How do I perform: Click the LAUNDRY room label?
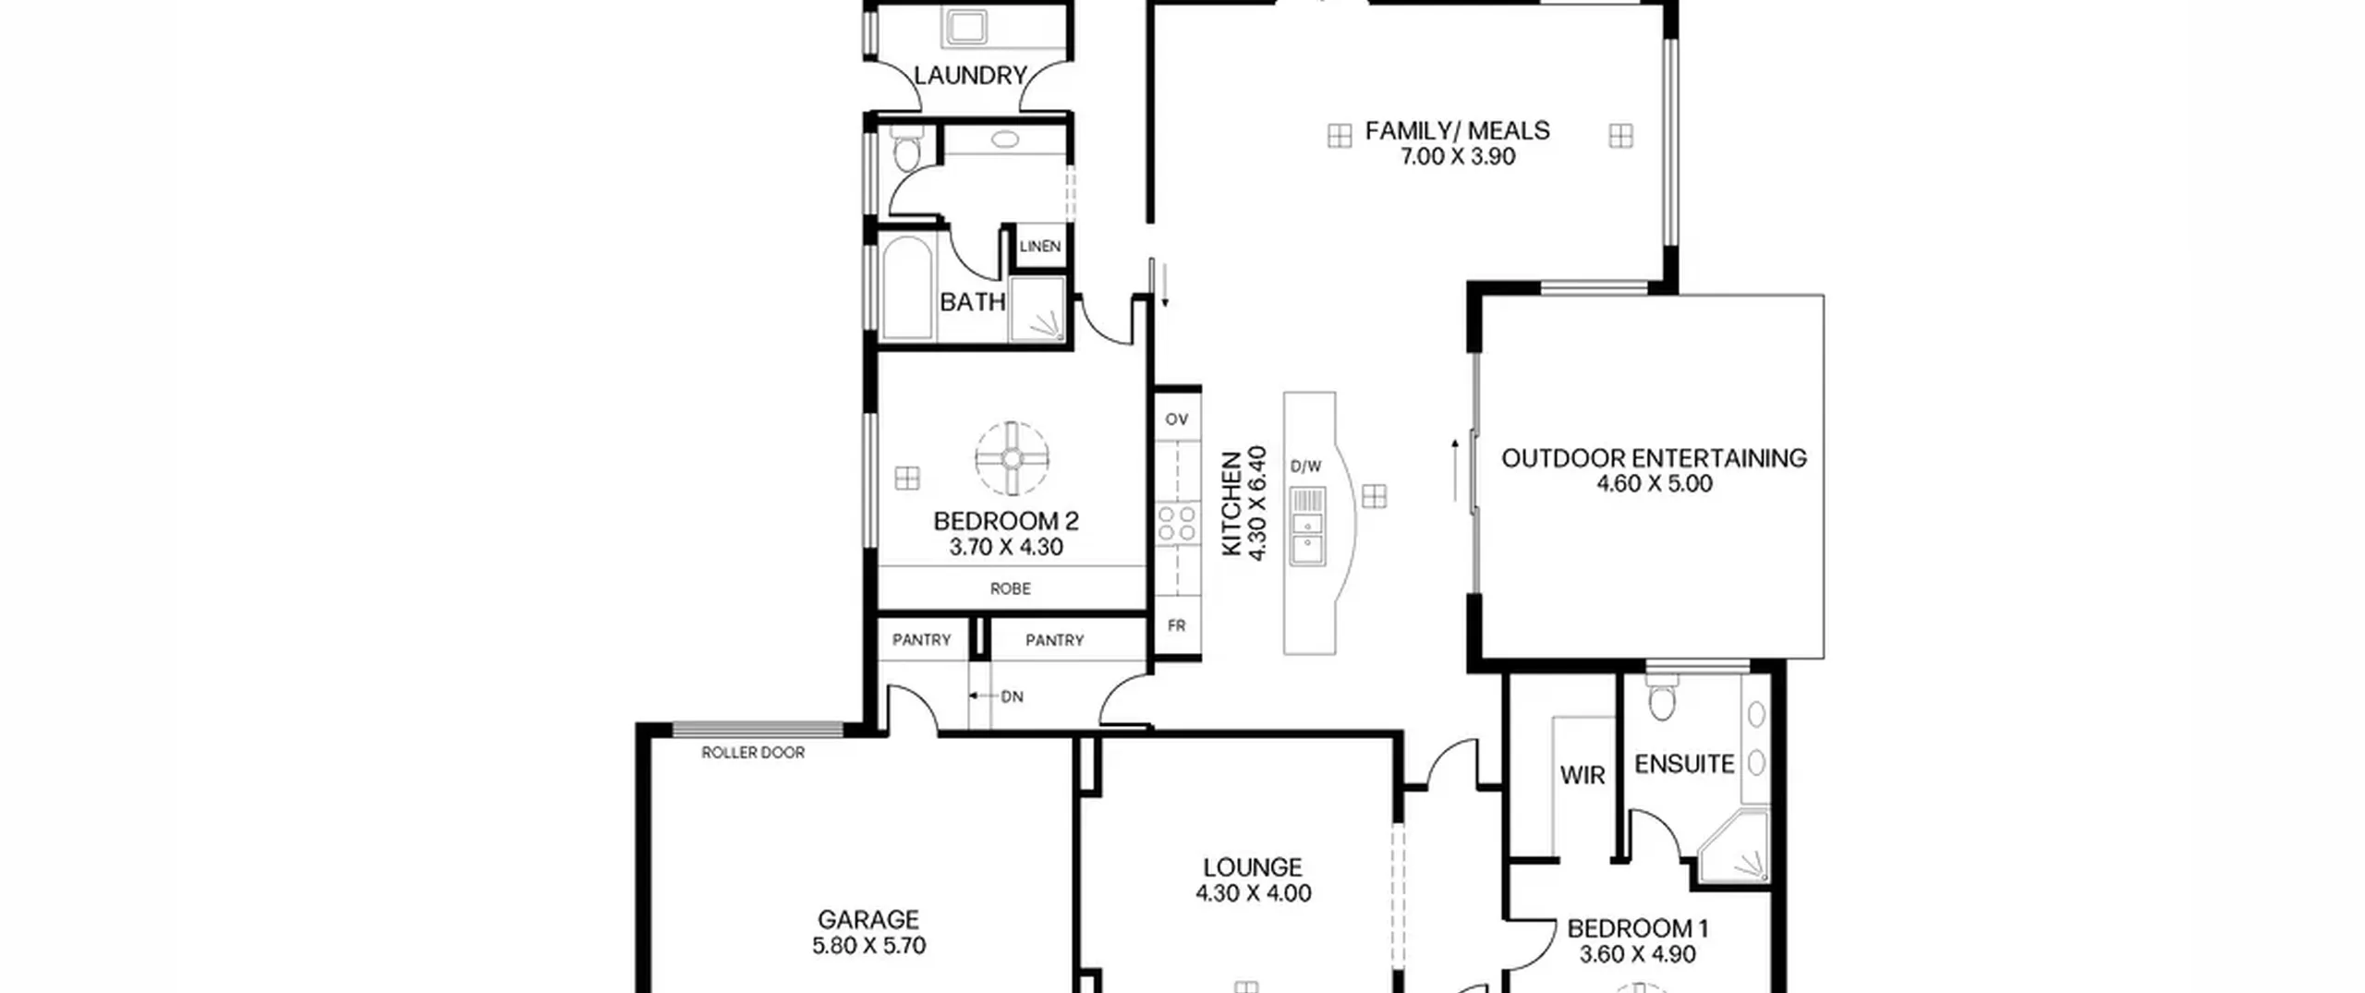[x=970, y=75]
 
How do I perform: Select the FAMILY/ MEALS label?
[x=1457, y=130]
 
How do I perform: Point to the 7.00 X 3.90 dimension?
[x=1457, y=156]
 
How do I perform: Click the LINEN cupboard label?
[x=1040, y=246]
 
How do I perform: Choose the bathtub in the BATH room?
[x=906, y=287]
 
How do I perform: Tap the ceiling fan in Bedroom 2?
[x=1013, y=458]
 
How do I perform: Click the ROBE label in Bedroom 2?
[x=1010, y=588]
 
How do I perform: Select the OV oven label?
[x=1176, y=419]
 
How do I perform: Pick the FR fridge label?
[x=1176, y=625]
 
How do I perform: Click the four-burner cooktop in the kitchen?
[x=1177, y=523]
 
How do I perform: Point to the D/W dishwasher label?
[x=1305, y=466]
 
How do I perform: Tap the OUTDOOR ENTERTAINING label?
[x=1654, y=458]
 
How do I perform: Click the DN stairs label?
[x=1012, y=696]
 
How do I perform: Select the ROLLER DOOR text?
[x=753, y=753]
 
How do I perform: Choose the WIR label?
[x=1583, y=775]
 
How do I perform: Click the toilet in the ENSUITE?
[x=1660, y=697]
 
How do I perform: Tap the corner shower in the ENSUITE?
[x=1735, y=845]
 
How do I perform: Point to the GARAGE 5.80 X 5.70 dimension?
[x=868, y=946]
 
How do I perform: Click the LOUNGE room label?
[x=1253, y=867]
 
